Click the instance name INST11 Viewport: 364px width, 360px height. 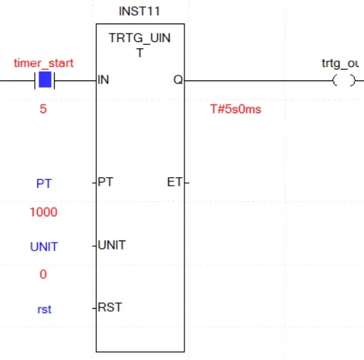coord(140,11)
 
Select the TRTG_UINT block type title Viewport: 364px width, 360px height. coord(140,45)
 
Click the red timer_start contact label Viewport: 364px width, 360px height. coord(43,63)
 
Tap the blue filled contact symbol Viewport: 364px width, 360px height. coord(45,80)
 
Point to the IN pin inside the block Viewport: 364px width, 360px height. coord(103,80)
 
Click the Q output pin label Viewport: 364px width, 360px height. coord(178,80)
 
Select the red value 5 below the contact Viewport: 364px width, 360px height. coord(43,109)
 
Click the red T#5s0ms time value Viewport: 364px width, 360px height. coord(236,109)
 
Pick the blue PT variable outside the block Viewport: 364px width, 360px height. coord(44,184)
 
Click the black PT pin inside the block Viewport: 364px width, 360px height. coord(105,182)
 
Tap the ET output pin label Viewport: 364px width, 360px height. coord(175,182)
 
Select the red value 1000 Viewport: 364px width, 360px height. coord(43,212)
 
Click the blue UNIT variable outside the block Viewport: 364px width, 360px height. coord(44,247)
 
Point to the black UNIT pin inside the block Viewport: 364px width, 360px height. coord(112,245)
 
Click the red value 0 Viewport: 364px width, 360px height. coord(43,275)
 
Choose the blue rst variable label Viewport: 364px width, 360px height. coord(44,309)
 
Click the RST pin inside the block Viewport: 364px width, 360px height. coord(110,307)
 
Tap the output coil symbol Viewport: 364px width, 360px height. coord(344,80)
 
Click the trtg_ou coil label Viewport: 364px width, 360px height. coord(340,63)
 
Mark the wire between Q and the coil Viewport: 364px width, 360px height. coord(259,80)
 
